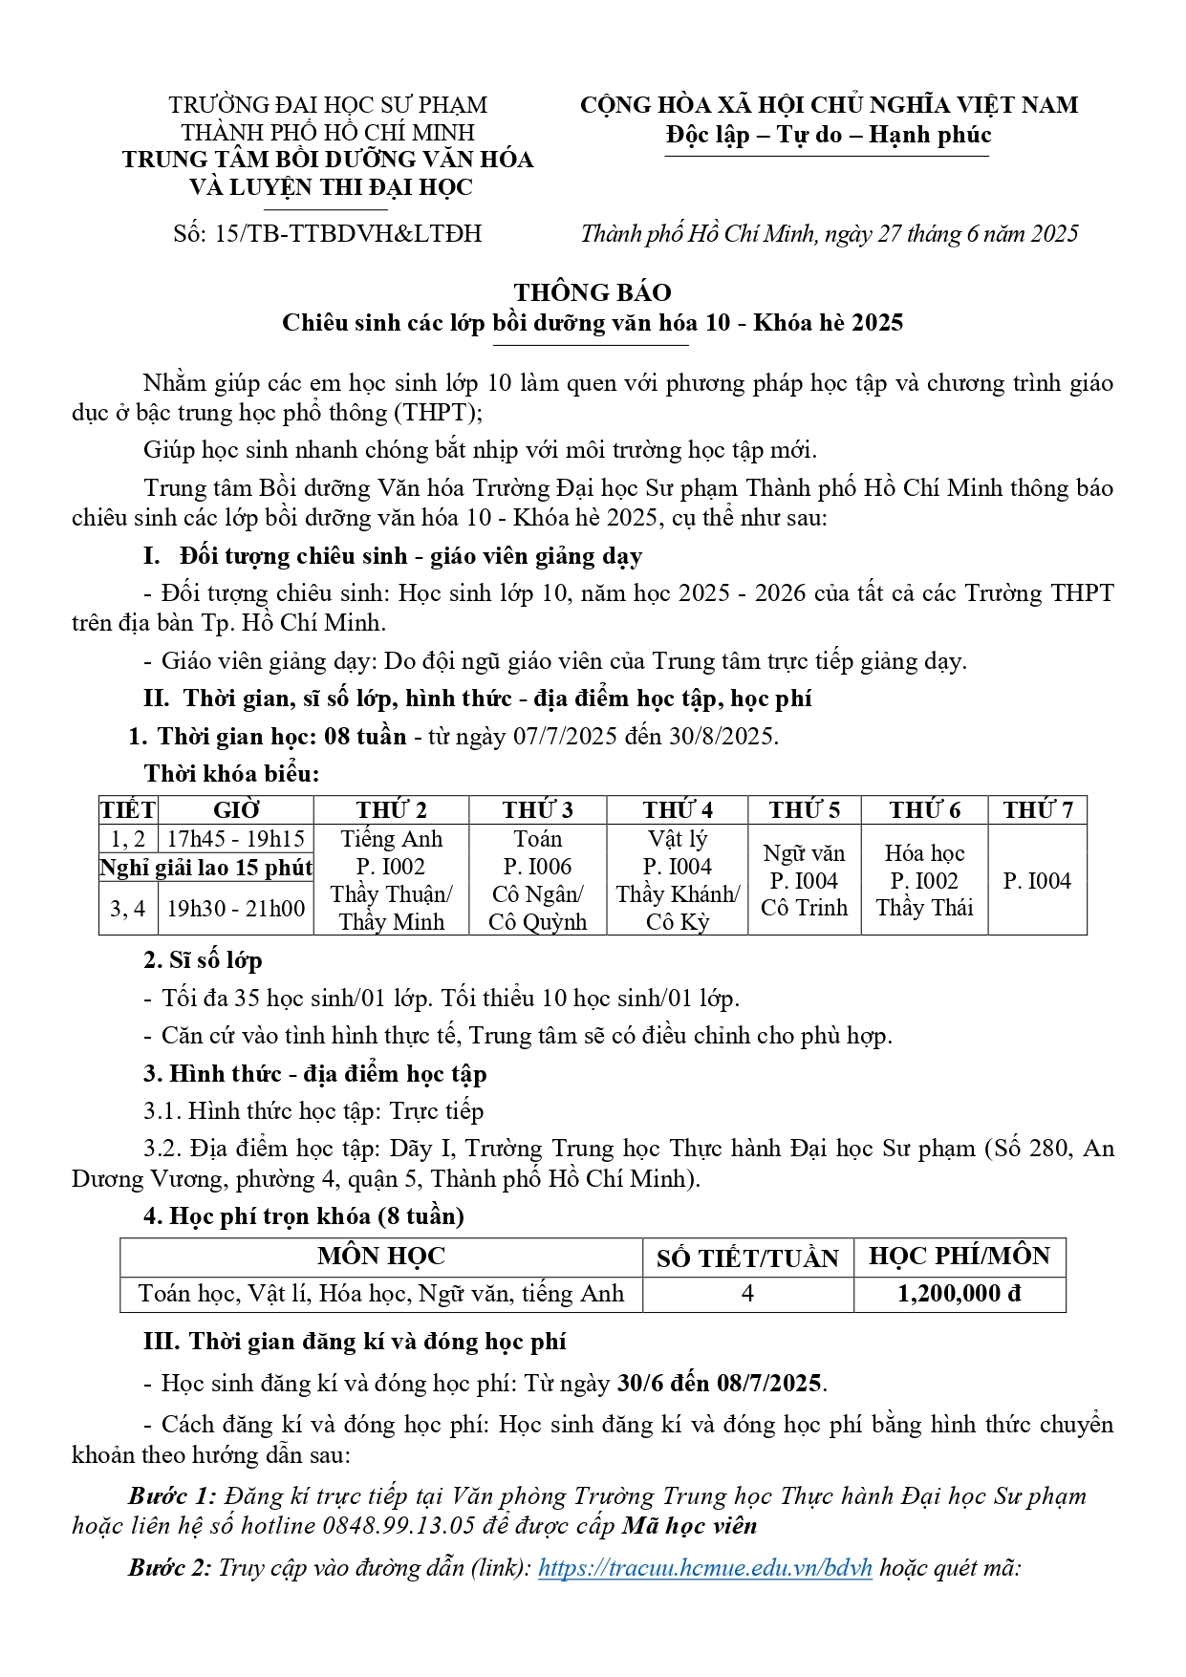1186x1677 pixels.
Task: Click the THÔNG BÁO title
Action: pos(593,292)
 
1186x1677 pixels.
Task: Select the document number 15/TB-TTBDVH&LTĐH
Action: pos(348,234)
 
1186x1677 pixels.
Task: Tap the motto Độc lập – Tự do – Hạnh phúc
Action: pos(828,135)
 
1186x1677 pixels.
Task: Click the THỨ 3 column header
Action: pos(537,810)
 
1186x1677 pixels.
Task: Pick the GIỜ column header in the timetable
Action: pos(236,810)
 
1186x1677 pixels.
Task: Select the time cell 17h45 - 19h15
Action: pos(235,839)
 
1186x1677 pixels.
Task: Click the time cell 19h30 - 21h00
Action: pos(235,909)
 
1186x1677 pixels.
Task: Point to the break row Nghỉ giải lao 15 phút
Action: pos(206,868)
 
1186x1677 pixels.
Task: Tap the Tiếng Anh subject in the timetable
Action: pos(392,839)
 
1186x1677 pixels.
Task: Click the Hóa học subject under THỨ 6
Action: pos(924,853)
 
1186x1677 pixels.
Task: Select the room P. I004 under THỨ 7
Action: pos(1037,881)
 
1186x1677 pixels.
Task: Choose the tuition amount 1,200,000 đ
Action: pos(959,1294)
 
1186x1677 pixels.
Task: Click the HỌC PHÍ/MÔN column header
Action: pos(959,1257)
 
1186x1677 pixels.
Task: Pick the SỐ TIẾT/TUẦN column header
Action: pos(747,1258)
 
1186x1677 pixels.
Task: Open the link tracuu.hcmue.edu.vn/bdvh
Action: pos(705,1568)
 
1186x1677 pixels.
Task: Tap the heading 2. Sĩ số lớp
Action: pos(203,960)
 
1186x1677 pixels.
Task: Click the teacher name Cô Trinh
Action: pos(804,909)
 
